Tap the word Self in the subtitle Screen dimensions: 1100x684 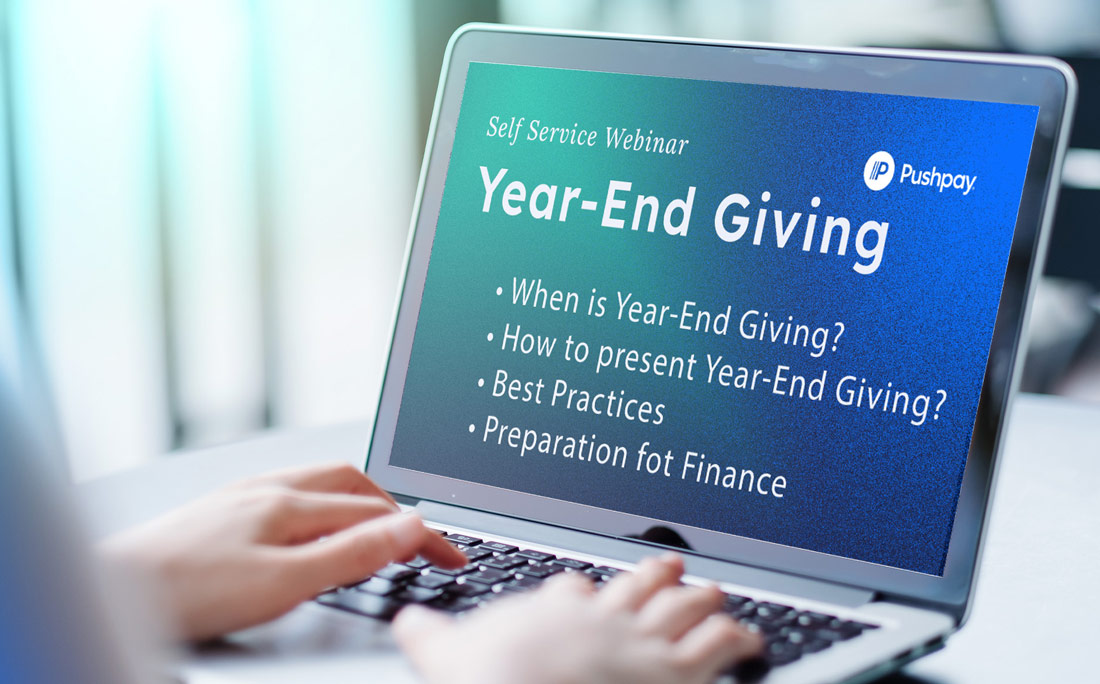(504, 128)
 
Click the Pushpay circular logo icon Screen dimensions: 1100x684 (878, 170)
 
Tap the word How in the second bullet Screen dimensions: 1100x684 (525, 341)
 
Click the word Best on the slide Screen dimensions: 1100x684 (517, 388)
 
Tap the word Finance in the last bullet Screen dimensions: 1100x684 (733, 474)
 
